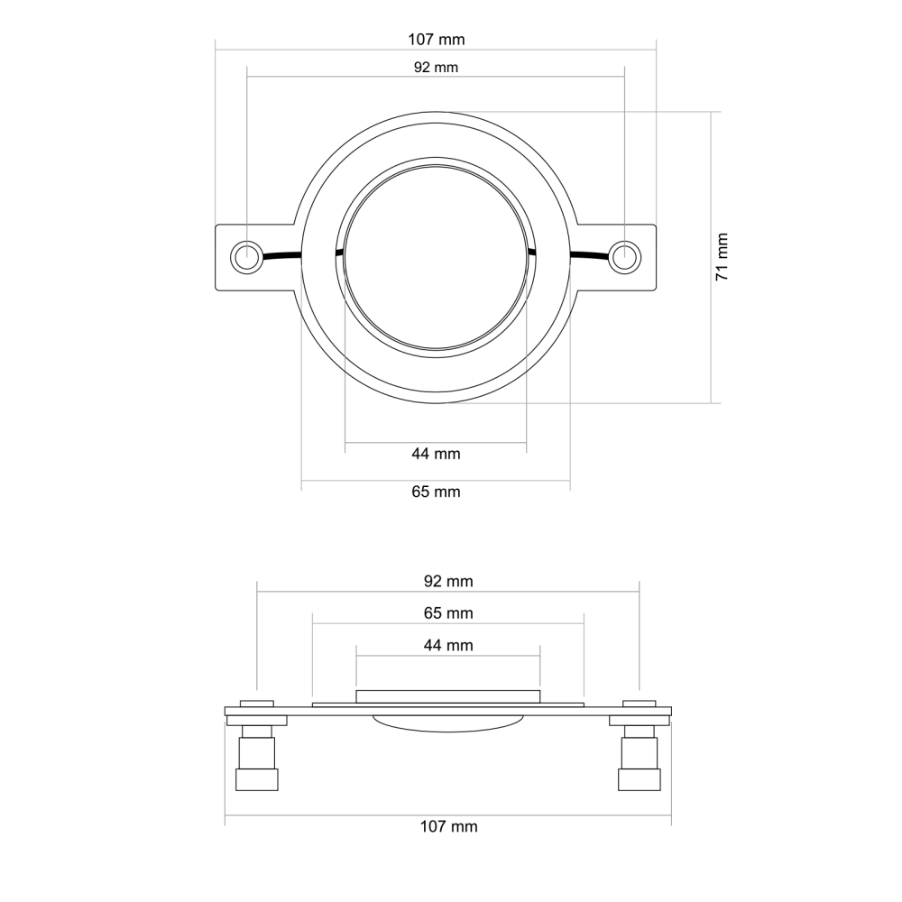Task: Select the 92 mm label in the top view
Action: [x=436, y=68]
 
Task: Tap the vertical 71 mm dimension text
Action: [x=723, y=257]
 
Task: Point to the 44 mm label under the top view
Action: [x=436, y=454]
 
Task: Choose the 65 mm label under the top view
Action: [x=436, y=492]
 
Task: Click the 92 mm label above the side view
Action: [x=448, y=581]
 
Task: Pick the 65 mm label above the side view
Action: [x=448, y=613]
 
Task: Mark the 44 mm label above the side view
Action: [x=448, y=645]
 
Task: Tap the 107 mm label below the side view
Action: [x=448, y=826]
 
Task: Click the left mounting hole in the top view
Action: [x=245, y=257]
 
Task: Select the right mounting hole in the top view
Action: [x=623, y=257]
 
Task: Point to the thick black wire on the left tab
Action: [x=281, y=255]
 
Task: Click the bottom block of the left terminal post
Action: [x=256, y=779]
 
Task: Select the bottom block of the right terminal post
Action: [x=640, y=779]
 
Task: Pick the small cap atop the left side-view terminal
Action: [x=256, y=702]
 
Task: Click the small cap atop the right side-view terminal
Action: [x=640, y=702]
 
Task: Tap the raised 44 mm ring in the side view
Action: [x=448, y=695]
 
